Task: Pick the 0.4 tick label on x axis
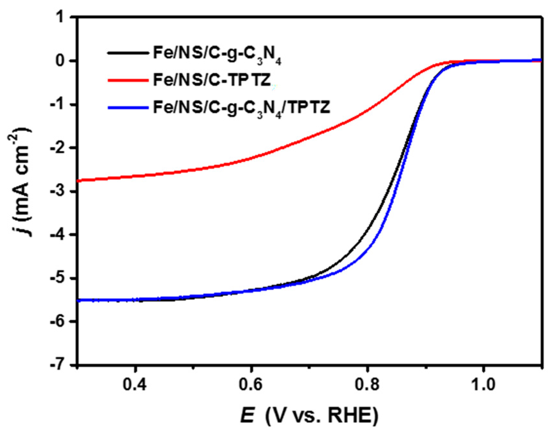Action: point(135,384)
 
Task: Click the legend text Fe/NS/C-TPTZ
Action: point(212,80)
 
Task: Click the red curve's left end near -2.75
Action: point(79,180)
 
